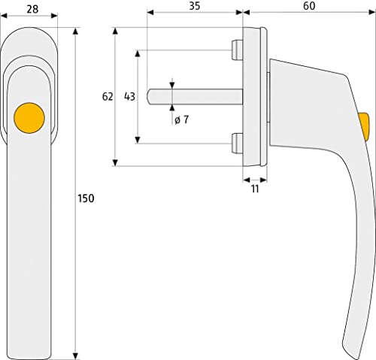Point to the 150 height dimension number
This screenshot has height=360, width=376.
pos(87,198)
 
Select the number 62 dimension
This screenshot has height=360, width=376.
pos(108,97)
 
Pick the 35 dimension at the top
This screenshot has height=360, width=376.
pos(195,7)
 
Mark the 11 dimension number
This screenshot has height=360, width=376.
pos(254,190)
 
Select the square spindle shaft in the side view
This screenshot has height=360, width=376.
pos(196,96)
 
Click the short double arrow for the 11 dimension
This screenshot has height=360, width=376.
pos(254,180)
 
